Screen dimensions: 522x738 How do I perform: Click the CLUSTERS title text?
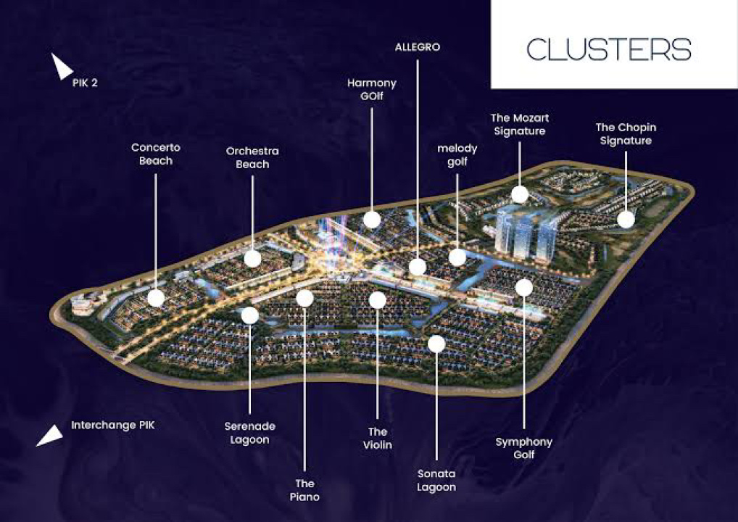coord(609,49)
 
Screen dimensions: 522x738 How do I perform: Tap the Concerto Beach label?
coord(156,154)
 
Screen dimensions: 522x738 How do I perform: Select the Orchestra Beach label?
coord(252,157)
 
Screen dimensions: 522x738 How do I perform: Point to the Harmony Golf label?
coord(371,90)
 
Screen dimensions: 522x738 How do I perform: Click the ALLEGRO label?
coord(418,47)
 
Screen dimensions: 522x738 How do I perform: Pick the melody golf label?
coord(457,155)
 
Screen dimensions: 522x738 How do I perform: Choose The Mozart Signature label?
coord(520,124)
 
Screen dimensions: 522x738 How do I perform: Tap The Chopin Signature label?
coord(626,134)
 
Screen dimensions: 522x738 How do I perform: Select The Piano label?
coord(304,489)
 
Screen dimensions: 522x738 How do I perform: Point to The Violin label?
coord(377,438)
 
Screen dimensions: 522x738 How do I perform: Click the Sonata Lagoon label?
coord(436,480)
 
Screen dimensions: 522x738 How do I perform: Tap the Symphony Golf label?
coord(523,448)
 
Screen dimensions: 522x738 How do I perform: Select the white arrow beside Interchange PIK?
coord(50,434)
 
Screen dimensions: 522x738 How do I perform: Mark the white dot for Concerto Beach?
coord(156,298)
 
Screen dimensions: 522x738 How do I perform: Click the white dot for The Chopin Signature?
coord(626,219)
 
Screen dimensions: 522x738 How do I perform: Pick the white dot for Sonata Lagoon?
coord(436,344)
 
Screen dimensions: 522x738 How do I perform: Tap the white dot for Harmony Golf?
coord(372,219)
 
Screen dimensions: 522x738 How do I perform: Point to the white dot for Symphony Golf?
coord(524,288)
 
